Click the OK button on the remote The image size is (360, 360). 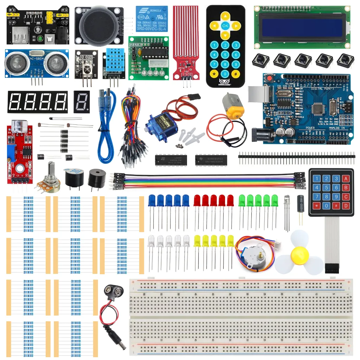(x=225, y=26)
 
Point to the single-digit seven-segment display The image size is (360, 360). (x=82, y=102)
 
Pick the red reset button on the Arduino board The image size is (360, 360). (x=270, y=78)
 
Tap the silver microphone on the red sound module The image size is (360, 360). (x=18, y=125)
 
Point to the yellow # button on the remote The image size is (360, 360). (x=236, y=74)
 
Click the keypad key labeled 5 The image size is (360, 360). (x=327, y=187)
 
